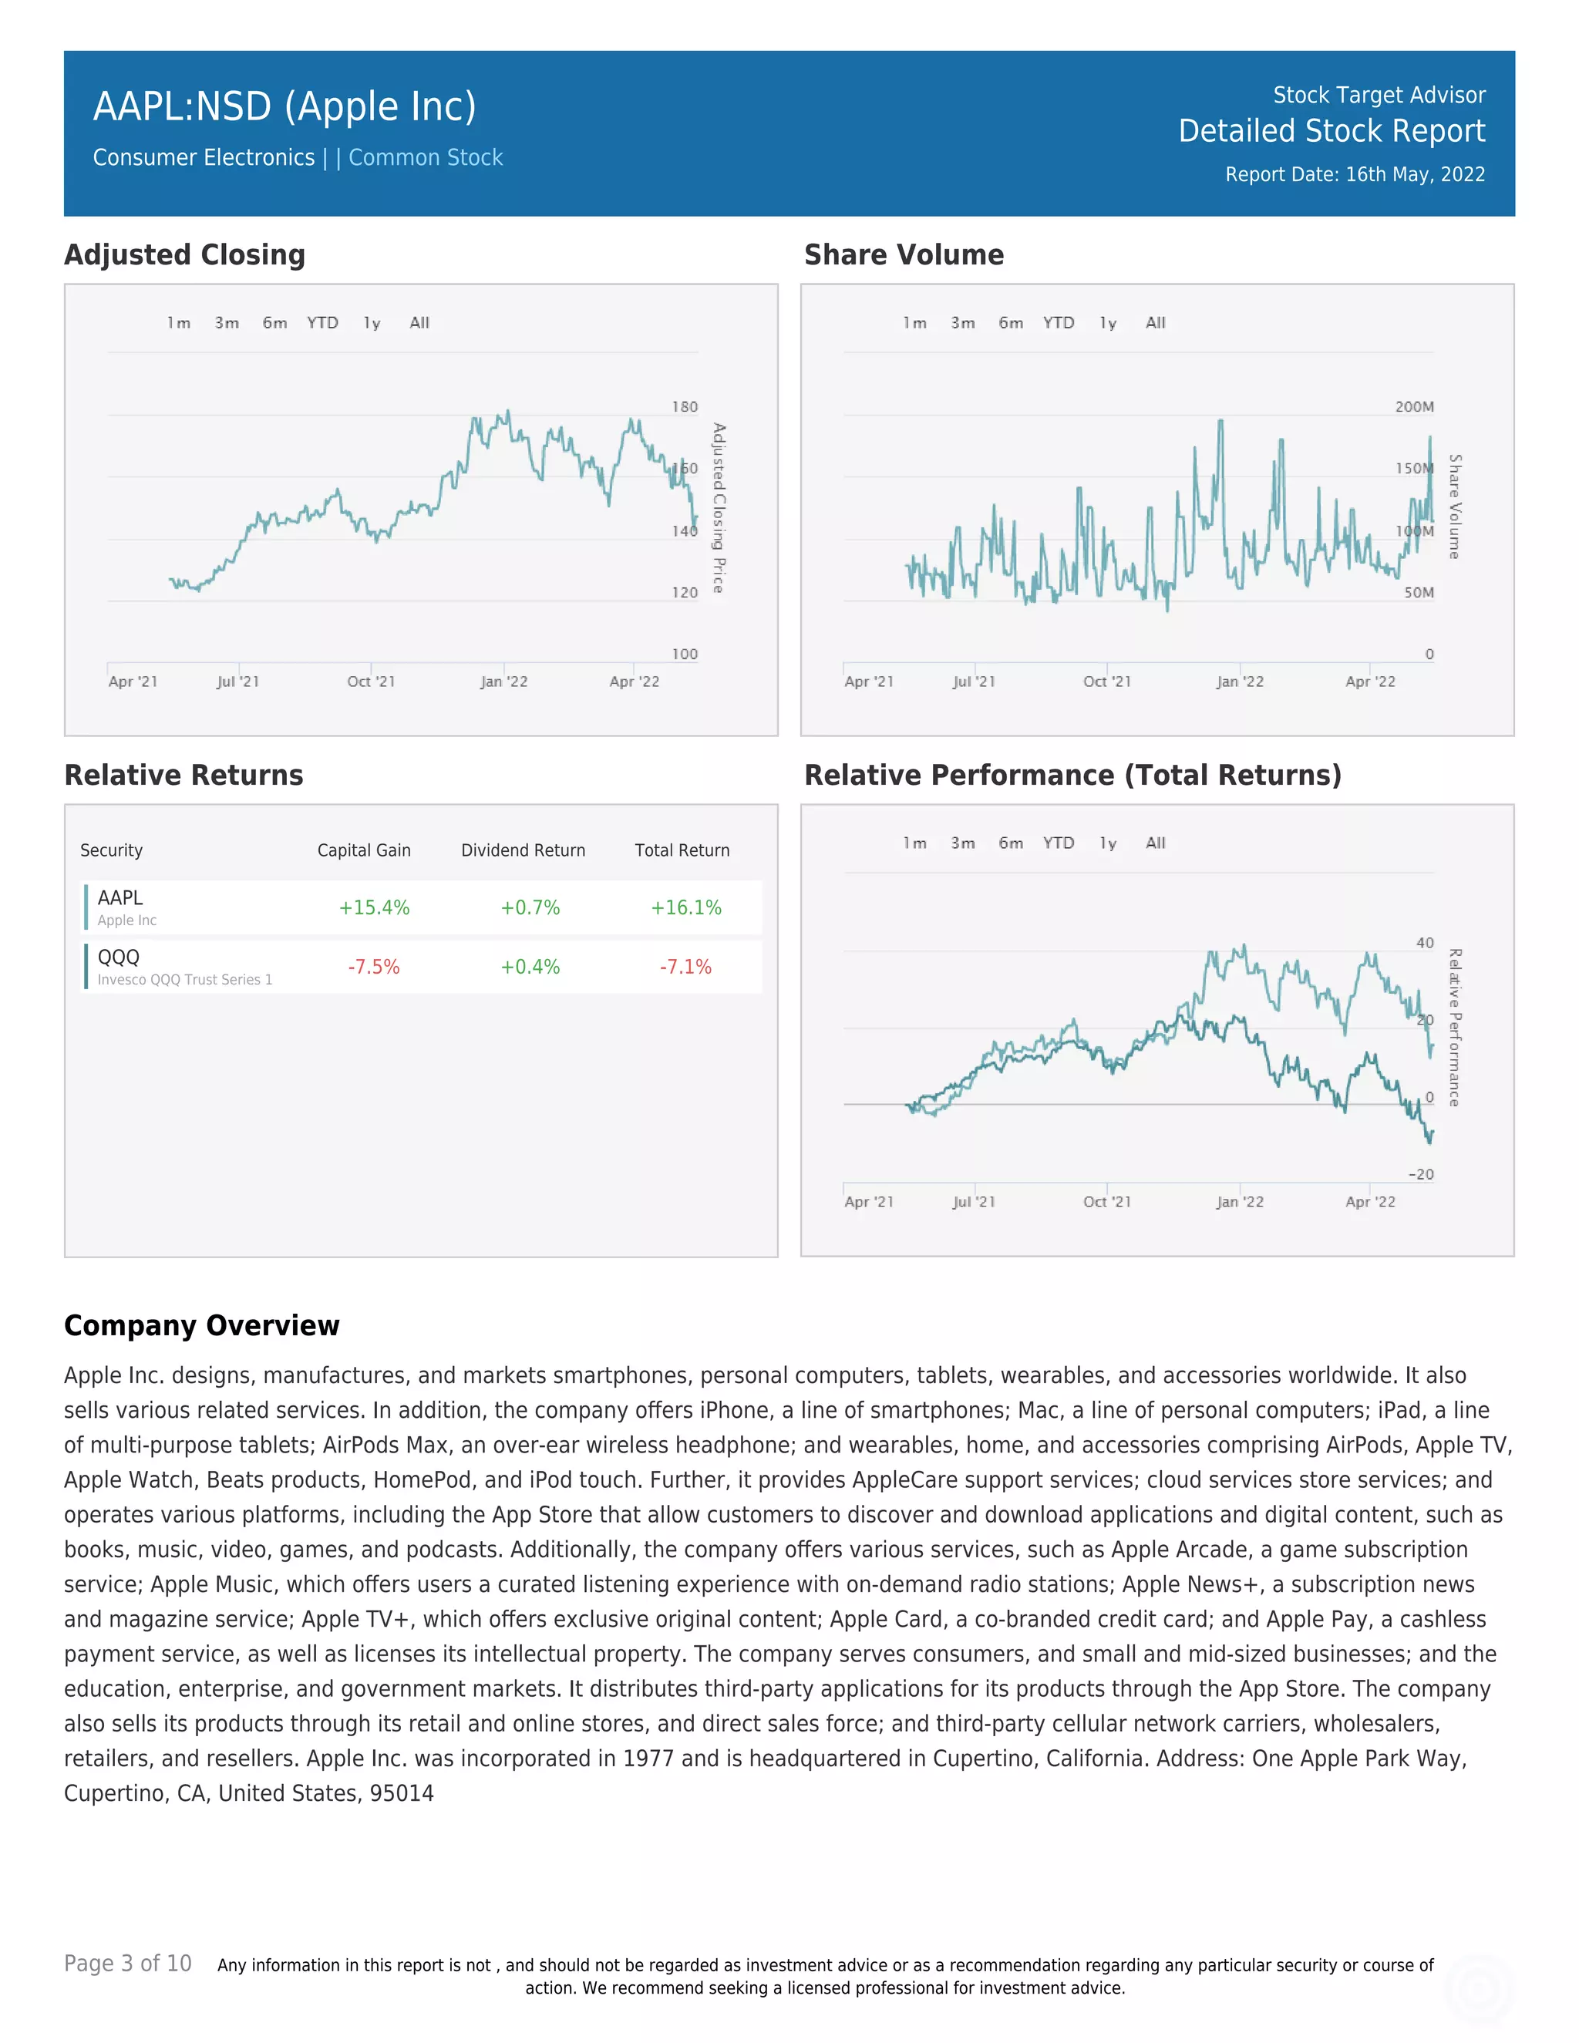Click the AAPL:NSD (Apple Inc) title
(x=284, y=106)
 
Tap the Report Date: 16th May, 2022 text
(x=1355, y=175)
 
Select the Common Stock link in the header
(x=426, y=157)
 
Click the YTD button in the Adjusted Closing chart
(x=323, y=323)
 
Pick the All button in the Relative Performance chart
(x=1155, y=843)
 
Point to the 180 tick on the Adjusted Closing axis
(x=684, y=407)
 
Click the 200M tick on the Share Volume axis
(x=1413, y=407)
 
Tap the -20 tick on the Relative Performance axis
(x=1420, y=1174)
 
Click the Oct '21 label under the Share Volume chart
(x=1106, y=682)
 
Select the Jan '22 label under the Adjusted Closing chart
(x=503, y=682)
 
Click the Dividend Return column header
(x=523, y=850)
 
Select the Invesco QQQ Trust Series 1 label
(x=184, y=979)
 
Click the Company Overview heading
(x=201, y=1325)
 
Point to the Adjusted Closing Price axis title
(x=719, y=508)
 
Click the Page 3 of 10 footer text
(x=127, y=1964)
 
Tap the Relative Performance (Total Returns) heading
(x=1072, y=776)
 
